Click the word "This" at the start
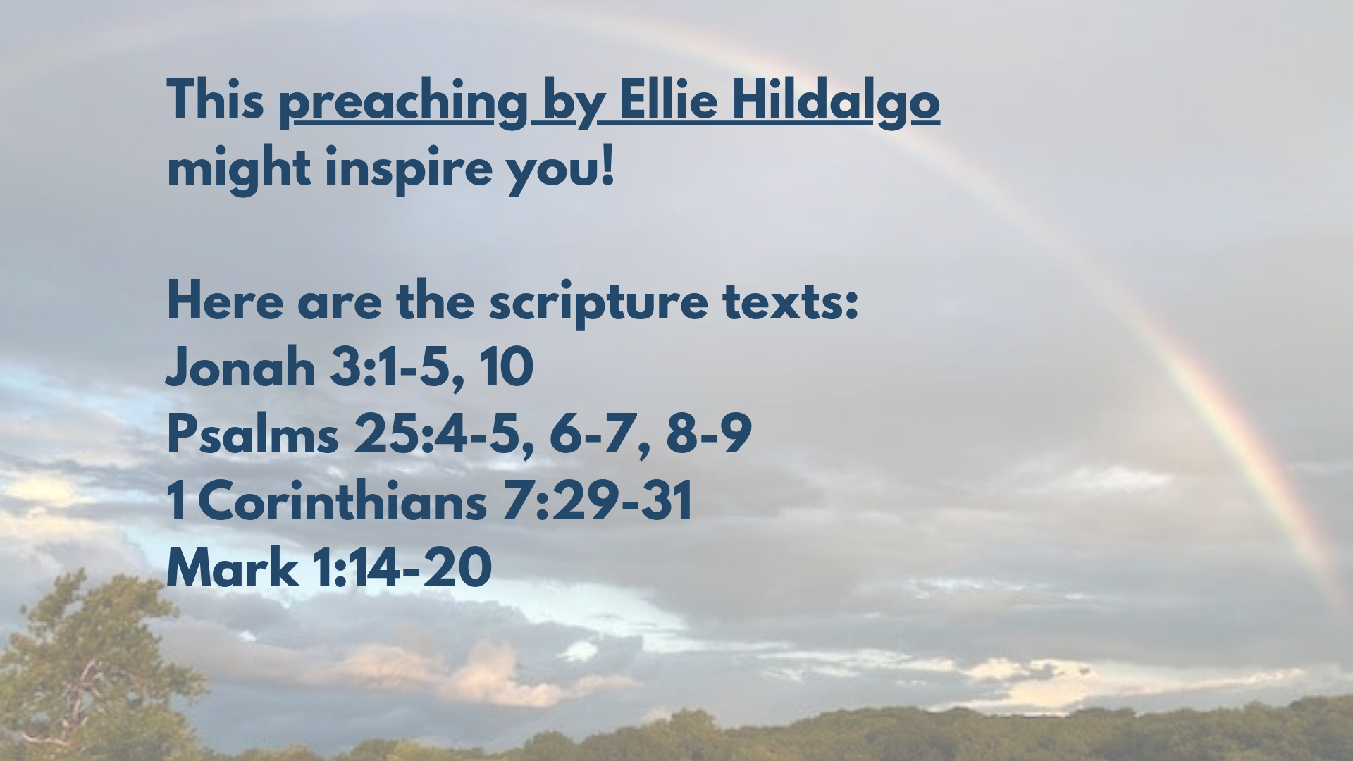point(216,100)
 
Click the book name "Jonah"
point(240,367)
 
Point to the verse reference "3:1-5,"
point(398,369)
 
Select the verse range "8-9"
point(709,433)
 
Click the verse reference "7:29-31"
point(598,500)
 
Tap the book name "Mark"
point(232,567)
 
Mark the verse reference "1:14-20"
point(402,567)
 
